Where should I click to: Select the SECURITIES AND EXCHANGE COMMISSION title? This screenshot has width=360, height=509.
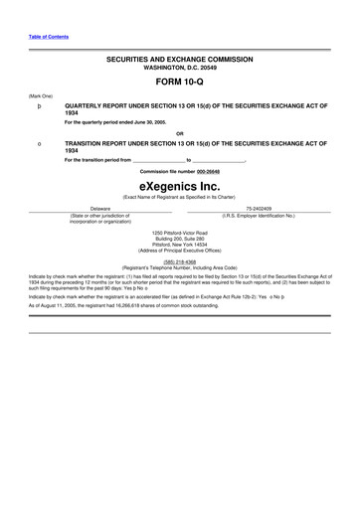(x=180, y=60)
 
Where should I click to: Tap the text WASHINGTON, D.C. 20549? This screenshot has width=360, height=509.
(x=180, y=68)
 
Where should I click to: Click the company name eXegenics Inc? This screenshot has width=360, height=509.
(x=180, y=184)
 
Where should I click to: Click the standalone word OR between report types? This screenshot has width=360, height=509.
(x=180, y=133)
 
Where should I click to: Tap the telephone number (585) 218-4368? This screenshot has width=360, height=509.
(x=180, y=262)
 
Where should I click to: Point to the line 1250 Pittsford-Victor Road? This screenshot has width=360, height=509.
(x=180, y=233)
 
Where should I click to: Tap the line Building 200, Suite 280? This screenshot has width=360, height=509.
(x=180, y=239)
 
